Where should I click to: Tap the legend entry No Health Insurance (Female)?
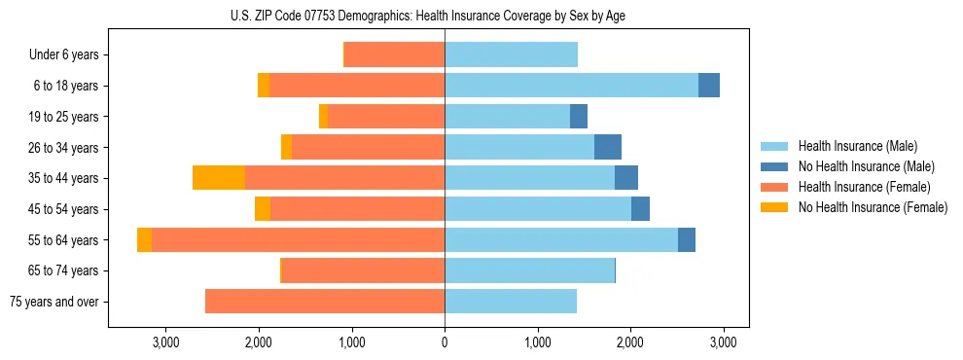click(873, 207)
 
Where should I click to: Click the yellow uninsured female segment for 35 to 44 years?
click(219, 178)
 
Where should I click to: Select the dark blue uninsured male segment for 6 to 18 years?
click(709, 86)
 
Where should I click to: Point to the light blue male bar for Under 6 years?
click(511, 54)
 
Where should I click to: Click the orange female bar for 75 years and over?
click(325, 302)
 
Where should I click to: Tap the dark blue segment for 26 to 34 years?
click(608, 147)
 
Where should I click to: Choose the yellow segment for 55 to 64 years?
click(144, 239)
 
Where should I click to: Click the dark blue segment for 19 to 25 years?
click(579, 117)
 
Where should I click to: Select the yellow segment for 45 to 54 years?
click(263, 209)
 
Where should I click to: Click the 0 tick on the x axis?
click(445, 342)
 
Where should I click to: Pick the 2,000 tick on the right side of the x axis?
click(629, 342)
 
